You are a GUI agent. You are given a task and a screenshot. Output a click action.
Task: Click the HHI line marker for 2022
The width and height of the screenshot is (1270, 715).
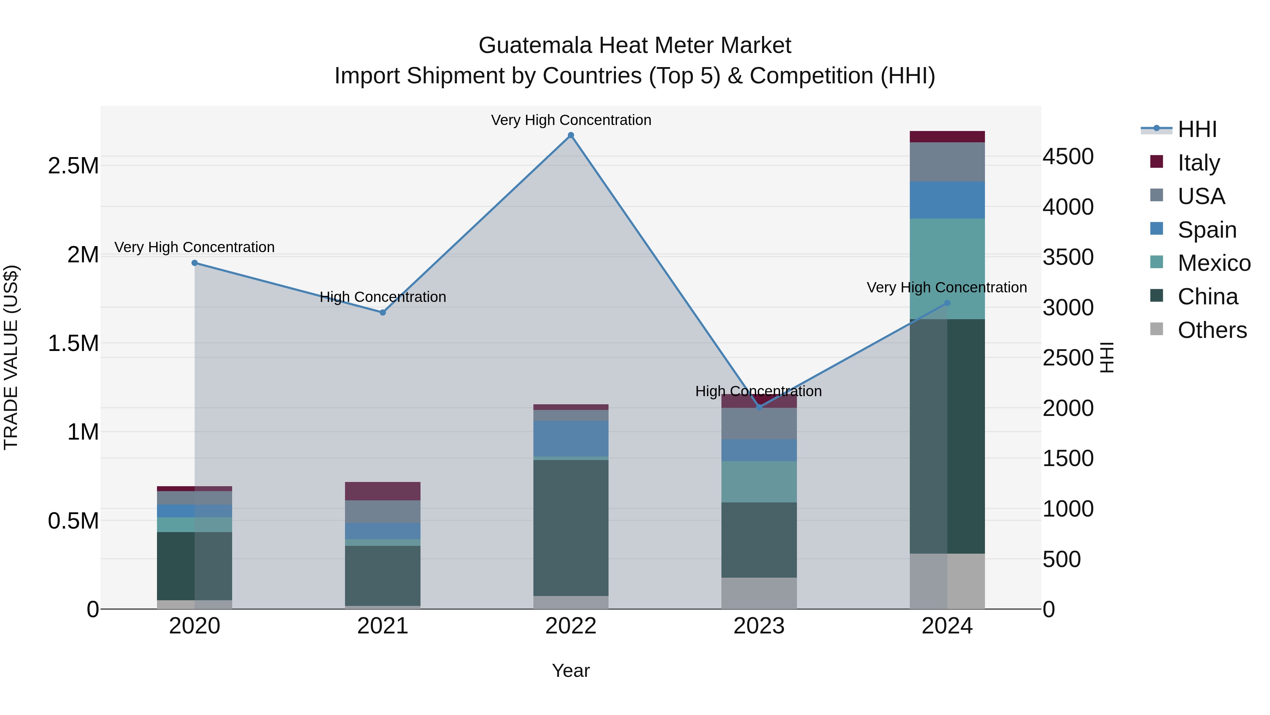click(x=571, y=135)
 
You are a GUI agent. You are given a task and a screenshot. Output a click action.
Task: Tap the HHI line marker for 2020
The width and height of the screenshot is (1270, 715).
click(x=195, y=263)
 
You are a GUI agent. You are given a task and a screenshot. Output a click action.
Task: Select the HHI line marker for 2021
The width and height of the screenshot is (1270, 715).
click(x=382, y=312)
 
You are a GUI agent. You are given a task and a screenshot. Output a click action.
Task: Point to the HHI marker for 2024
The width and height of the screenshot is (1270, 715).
click(x=947, y=303)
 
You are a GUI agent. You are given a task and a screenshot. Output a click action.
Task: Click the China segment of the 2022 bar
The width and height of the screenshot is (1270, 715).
click(x=571, y=528)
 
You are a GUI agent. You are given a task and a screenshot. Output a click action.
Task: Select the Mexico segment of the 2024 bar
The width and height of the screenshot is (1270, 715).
click(x=947, y=269)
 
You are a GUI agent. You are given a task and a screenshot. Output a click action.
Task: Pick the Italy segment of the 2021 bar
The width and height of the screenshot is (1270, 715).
click(x=382, y=491)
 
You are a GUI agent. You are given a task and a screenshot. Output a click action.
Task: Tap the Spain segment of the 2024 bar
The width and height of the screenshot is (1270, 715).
click(x=947, y=200)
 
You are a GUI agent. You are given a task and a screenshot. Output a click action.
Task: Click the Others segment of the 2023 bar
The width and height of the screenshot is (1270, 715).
click(x=759, y=593)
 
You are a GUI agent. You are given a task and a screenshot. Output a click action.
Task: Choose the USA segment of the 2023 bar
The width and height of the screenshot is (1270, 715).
click(x=759, y=423)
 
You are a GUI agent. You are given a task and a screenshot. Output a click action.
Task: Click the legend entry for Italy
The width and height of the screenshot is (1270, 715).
click(x=1198, y=163)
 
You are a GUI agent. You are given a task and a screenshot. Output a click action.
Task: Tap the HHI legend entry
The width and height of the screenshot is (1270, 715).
click(x=1197, y=129)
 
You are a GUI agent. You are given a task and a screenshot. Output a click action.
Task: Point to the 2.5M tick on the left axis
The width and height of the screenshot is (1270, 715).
click(x=73, y=166)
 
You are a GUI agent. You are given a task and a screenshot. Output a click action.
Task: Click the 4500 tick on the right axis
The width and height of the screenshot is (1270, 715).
click(x=1068, y=156)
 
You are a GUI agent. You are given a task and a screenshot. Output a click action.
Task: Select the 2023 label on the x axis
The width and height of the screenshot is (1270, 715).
click(x=759, y=626)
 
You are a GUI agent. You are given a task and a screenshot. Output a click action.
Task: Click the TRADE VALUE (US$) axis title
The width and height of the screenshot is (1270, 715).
click(x=11, y=357)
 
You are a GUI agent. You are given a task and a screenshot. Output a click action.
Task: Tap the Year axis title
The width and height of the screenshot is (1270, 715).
click(x=570, y=671)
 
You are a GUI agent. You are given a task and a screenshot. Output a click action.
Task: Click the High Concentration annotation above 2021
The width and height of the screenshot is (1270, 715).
click(x=382, y=297)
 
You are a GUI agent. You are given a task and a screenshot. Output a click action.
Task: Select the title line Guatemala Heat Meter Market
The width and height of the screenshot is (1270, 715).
click(x=635, y=46)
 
